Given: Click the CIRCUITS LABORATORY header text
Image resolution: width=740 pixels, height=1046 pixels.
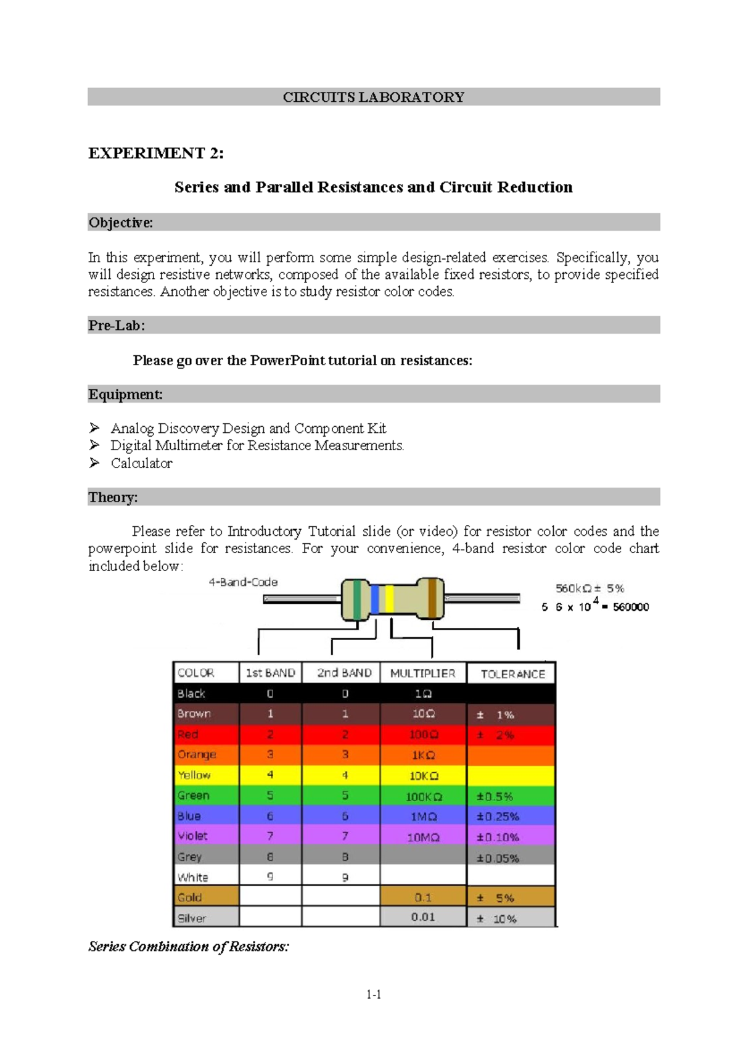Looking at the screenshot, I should click(x=373, y=97).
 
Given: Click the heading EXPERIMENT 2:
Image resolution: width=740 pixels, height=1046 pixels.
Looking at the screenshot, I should click(x=155, y=153).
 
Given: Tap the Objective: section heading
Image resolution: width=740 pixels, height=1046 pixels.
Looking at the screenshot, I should click(x=120, y=223).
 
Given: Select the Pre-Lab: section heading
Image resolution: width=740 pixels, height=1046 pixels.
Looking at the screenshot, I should click(x=117, y=326).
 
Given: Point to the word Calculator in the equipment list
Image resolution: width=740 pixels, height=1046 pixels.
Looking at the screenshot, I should click(x=141, y=463).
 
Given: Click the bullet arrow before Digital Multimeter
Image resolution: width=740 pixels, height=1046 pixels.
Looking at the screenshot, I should click(x=94, y=445).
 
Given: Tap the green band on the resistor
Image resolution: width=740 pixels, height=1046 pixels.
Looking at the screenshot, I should click(x=357, y=598).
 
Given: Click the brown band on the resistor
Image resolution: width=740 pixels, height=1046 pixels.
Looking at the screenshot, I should click(x=433, y=598).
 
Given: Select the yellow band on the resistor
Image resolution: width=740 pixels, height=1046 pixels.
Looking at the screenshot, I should click(x=389, y=598).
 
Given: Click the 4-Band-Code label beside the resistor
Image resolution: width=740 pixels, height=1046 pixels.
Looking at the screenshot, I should click(x=243, y=582).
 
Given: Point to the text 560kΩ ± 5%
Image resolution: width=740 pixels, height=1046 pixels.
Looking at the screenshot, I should click(x=590, y=588).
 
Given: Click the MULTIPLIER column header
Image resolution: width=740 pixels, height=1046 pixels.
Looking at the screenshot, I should click(x=422, y=673).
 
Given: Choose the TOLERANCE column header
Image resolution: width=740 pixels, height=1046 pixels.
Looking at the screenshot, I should click(x=512, y=674).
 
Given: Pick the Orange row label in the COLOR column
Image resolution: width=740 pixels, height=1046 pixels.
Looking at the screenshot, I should click(x=197, y=755).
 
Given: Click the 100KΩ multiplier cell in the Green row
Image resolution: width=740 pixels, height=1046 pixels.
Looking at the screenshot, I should click(x=423, y=796).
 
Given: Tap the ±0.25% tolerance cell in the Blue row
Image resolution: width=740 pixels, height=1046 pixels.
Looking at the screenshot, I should click(x=498, y=817).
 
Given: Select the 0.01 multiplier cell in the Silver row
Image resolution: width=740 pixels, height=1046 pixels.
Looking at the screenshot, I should click(x=423, y=917).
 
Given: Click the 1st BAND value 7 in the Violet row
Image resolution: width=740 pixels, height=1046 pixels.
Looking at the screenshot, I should click(x=270, y=836).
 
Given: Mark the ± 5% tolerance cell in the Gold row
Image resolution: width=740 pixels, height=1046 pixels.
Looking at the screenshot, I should click(x=497, y=898).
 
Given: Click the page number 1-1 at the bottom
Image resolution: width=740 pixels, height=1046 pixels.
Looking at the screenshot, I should click(x=374, y=994).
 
